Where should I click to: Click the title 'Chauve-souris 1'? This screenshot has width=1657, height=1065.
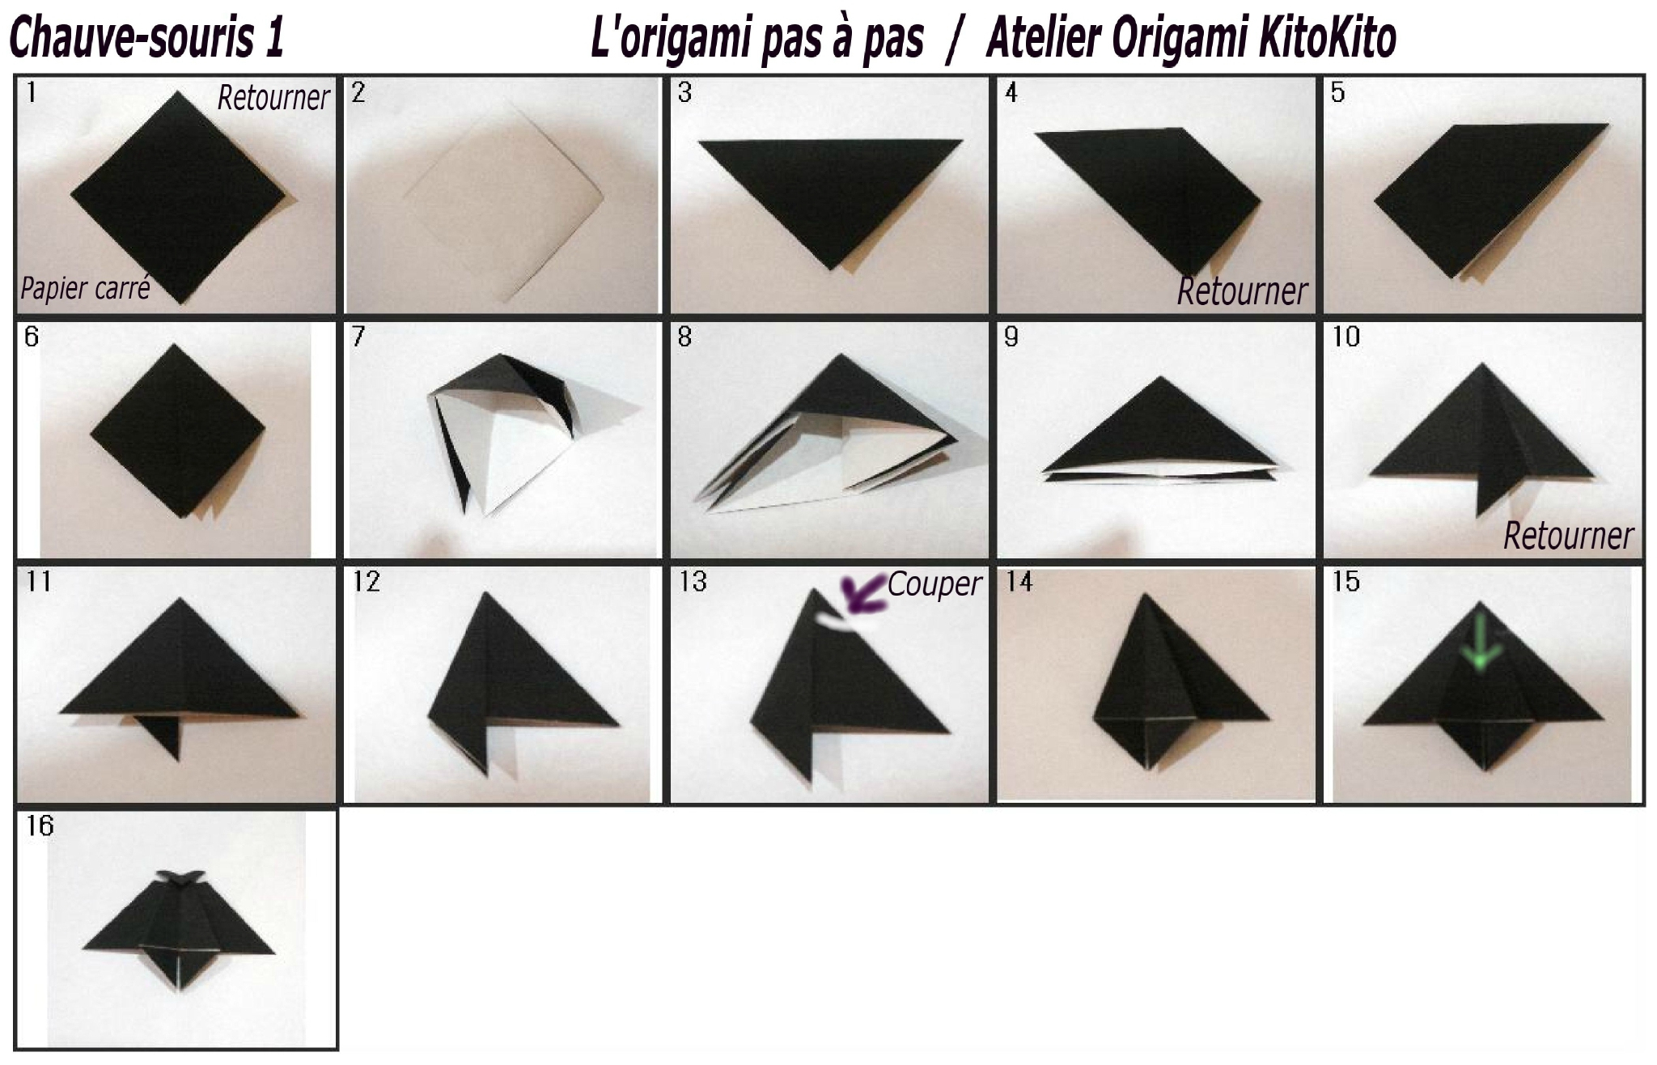[146, 38]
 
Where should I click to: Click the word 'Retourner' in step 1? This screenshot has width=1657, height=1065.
[273, 98]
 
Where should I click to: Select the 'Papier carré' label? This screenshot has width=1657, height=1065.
[85, 288]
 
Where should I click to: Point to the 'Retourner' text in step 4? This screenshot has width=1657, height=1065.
[1242, 291]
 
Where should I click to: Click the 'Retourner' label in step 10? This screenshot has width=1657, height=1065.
[1568, 536]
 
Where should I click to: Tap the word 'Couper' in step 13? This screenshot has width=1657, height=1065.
[934, 584]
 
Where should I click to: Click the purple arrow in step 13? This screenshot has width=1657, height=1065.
[861, 592]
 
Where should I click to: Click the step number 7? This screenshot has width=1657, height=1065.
[358, 337]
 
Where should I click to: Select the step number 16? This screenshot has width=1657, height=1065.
[40, 825]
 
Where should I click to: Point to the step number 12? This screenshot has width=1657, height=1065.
[366, 581]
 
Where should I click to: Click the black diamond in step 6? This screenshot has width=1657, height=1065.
[177, 431]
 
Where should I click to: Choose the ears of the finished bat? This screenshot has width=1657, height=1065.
[180, 878]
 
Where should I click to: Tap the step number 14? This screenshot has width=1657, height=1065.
[1019, 581]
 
